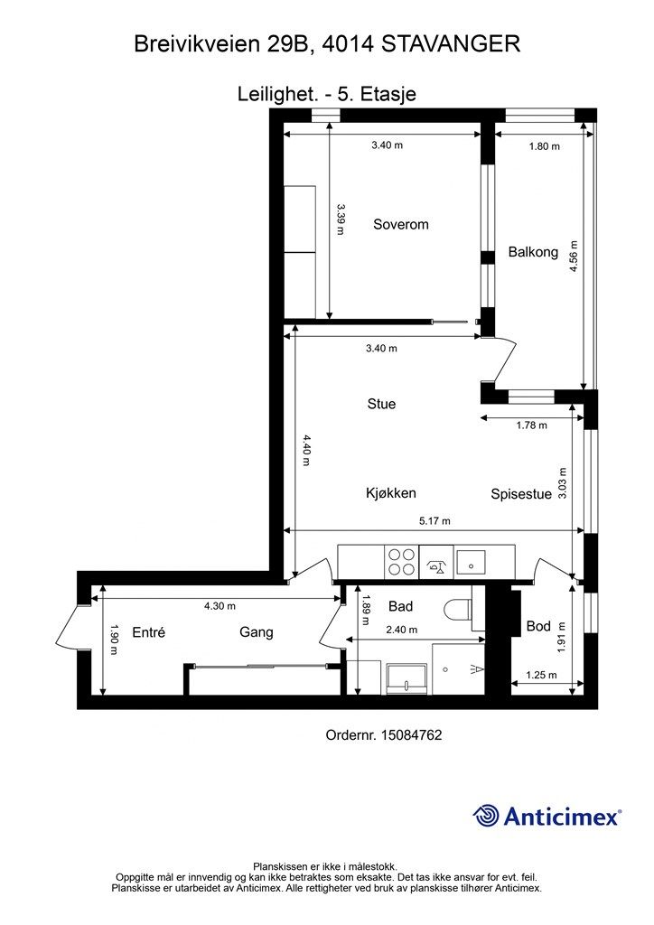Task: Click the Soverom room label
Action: point(400,224)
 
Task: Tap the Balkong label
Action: point(533,252)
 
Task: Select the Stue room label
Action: point(381,404)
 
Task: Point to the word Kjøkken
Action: point(391,492)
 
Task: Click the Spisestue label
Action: point(521,494)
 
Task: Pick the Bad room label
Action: point(400,606)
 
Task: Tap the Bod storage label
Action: point(538,626)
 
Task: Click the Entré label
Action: point(149,632)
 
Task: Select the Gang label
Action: point(256,632)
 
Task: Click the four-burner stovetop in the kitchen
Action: point(402,562)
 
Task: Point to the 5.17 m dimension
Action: point(434,521)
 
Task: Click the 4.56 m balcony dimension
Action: point(574,256)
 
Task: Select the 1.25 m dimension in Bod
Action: point(541,675)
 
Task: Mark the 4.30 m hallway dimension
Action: point(220,606)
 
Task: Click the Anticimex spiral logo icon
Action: point(486,816)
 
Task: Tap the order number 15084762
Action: point(412,735)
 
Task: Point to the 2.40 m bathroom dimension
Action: point(401,630)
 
